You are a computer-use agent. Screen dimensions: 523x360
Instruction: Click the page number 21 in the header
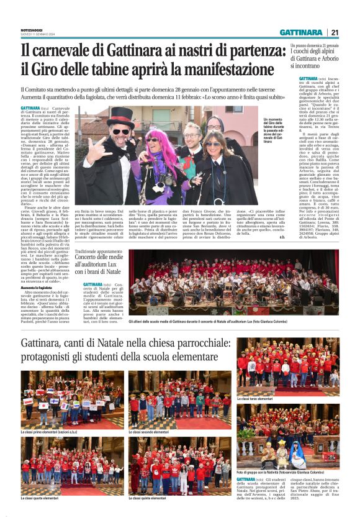click(x=335, y=32)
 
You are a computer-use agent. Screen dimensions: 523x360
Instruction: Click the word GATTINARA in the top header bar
click(x=300, y=32)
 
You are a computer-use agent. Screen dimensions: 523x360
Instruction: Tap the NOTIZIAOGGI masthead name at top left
click(x=33, y=27)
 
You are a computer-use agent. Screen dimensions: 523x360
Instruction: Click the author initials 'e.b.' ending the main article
click(x=281, y=237)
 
